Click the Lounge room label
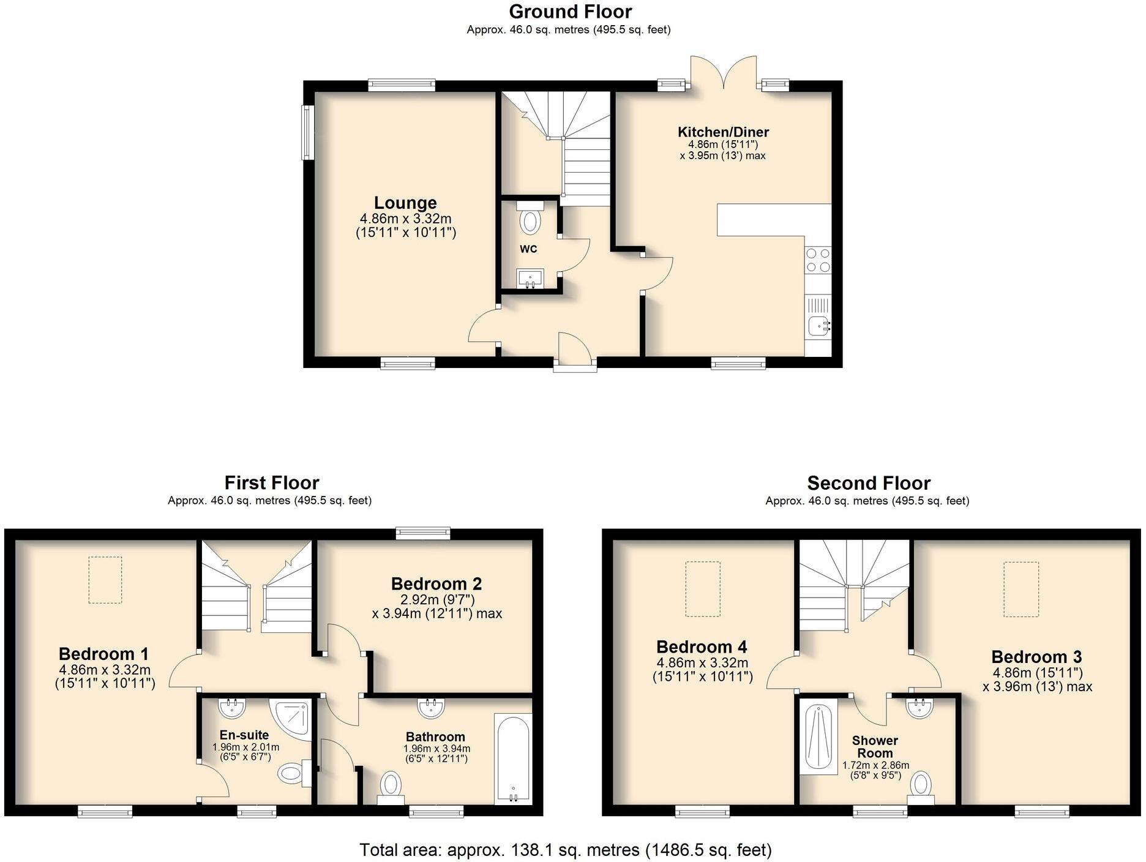click(x=405, y=203)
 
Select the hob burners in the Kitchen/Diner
click(x=818, y=260)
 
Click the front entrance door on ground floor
click(x=575, y=351)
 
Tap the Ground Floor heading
click(x=570, y=12)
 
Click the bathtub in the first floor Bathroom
click(x=513, y=759)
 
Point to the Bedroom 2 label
click(x=436, y=583)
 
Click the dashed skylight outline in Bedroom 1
click(x=105, y=580)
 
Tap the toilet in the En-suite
click(x=293, y=773)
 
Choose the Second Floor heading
click(x=868, y=483)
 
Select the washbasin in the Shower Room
click(x=919, y=708)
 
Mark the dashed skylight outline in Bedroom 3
click(x=1021, y=590)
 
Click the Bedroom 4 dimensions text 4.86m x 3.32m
click(x=702, y=662)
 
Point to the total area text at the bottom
click(x=565, y=850)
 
